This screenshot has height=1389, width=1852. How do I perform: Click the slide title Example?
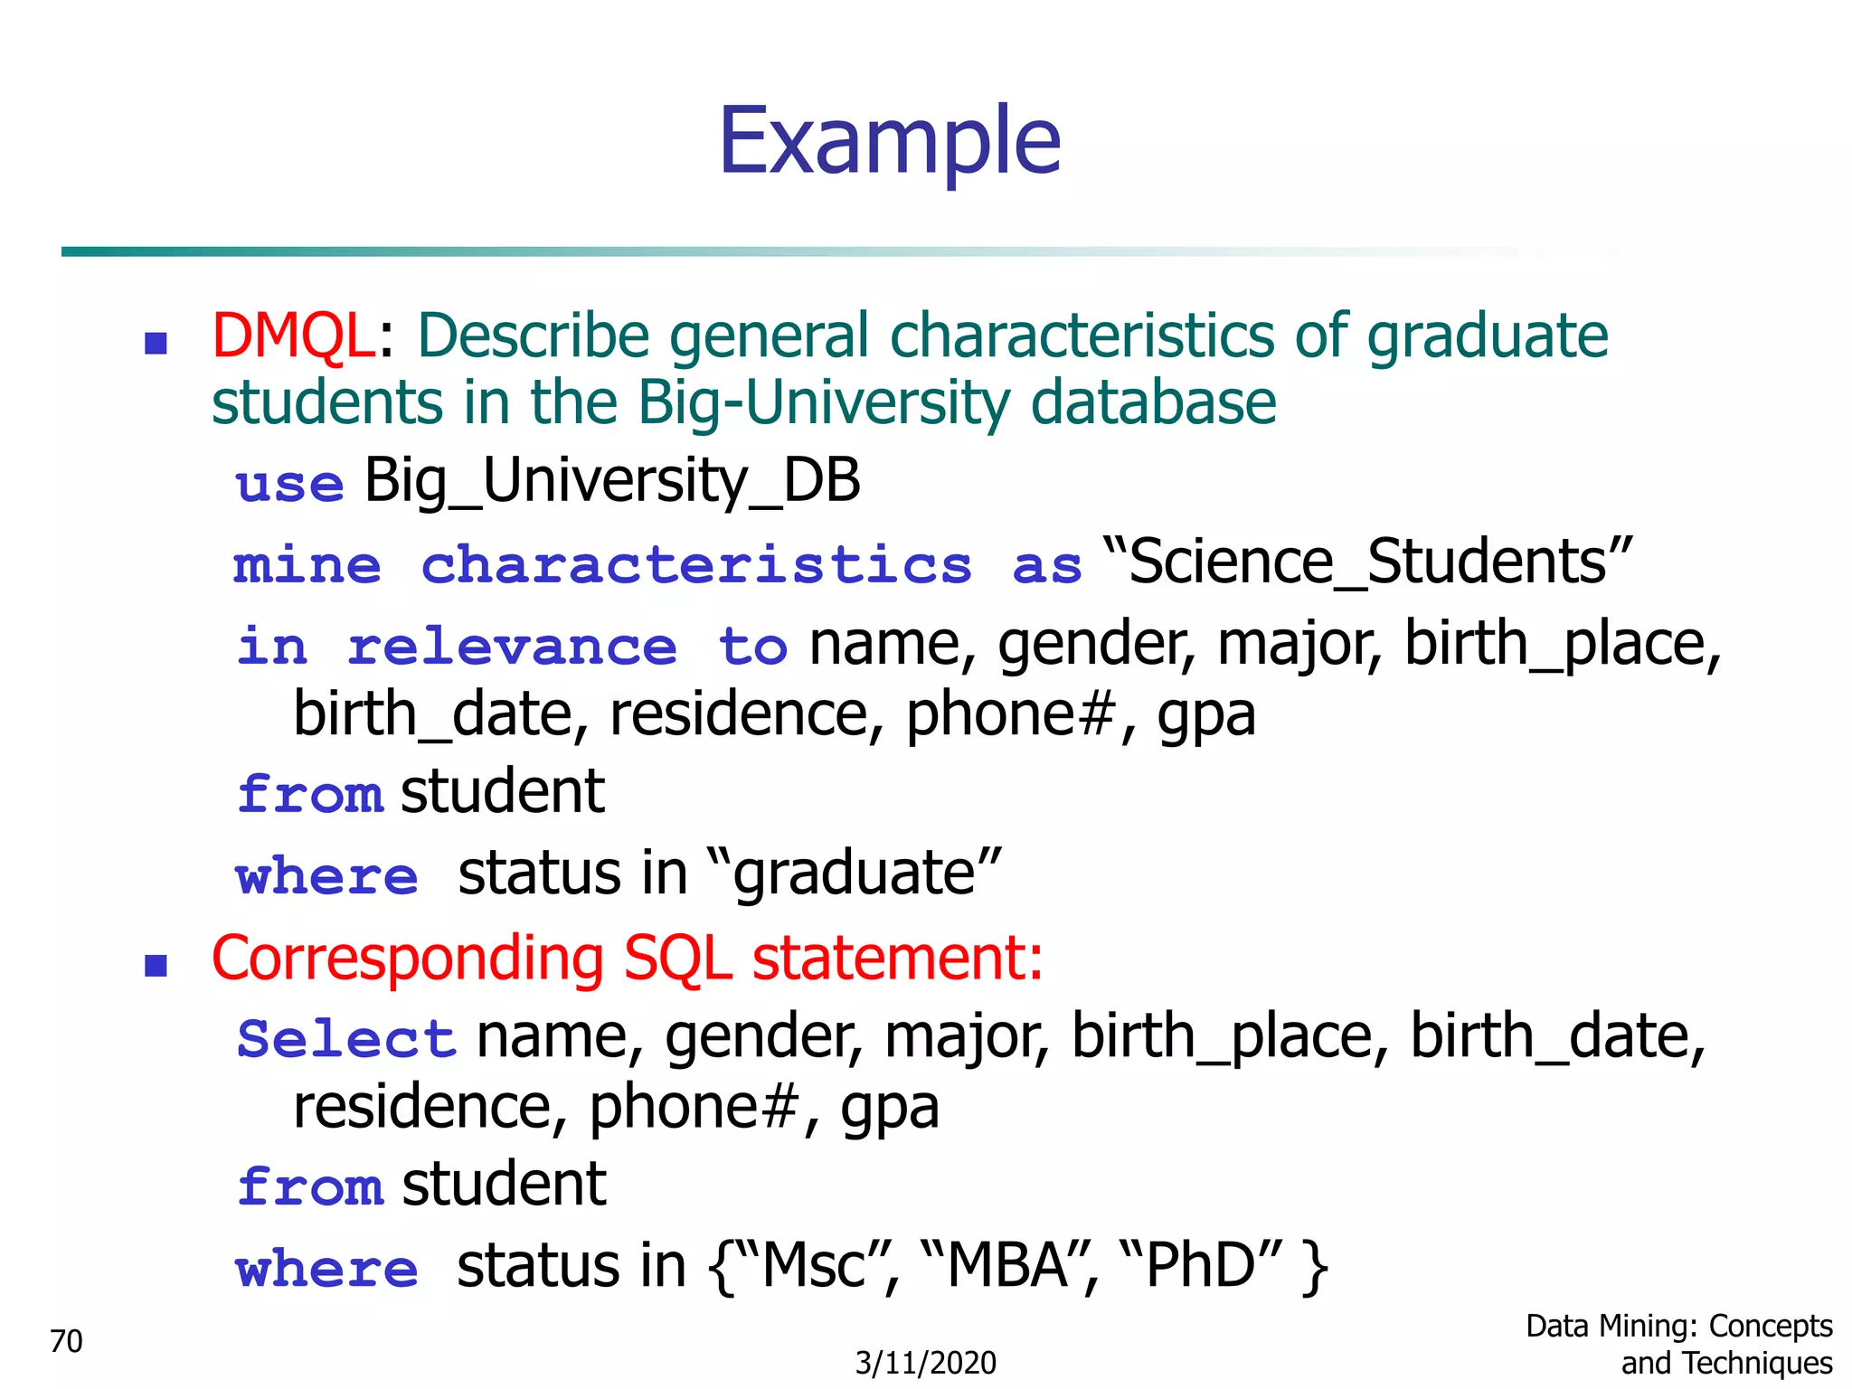click(x=890, y=141)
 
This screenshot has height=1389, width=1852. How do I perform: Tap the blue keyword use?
click(x=289, y=484)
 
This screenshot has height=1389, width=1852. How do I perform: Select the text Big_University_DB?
click(x=612, y=481)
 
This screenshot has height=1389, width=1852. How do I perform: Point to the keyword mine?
click(x=307, y=566)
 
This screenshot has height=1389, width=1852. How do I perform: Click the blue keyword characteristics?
click(x=696, y=566)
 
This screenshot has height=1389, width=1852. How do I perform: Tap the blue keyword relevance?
click(x=512, y=647)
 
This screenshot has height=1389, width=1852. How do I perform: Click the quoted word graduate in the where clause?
click(x=855, y=874)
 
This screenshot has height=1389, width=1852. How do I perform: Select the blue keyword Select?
click(x=346, y=1038)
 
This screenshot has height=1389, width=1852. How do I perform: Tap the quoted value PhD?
click(x=1200, y=1265)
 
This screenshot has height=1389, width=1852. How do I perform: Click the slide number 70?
click(x=66, y=1341)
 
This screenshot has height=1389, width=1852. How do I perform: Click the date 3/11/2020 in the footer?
click(x=925, y=1363)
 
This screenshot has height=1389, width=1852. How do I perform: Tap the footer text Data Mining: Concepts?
click(x=1678, y=1327)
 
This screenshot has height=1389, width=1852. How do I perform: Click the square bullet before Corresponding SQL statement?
click(x=156, y=966)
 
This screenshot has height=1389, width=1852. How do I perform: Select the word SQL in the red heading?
click(x=677, y=959)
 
